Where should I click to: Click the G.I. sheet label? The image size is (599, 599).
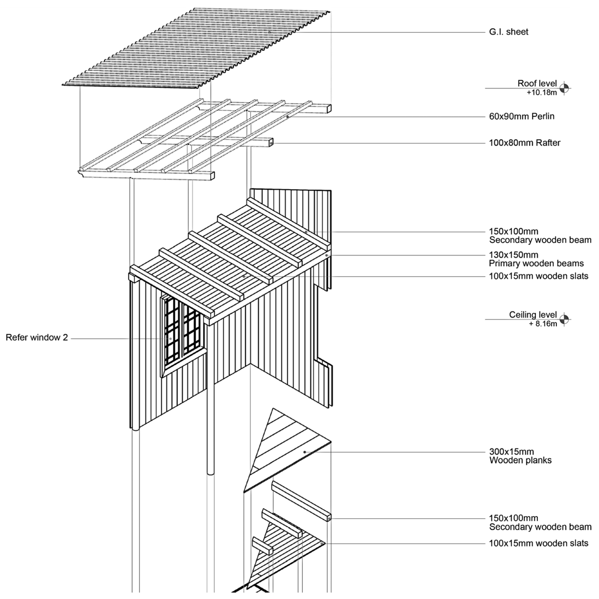[508, 32]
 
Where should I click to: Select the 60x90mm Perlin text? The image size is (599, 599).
[522, 117]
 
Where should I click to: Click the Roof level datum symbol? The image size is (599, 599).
[564, 88]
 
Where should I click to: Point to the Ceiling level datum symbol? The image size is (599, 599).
[564, 319]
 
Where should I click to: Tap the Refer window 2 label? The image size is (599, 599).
[37, 338]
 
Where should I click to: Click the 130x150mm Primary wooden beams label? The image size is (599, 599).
[536, 259]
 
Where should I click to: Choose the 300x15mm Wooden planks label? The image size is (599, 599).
[520, 456]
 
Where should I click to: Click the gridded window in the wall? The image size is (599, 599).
[183, 332]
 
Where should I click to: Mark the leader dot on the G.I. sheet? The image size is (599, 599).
[269, 32]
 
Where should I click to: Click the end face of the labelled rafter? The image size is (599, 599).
[271, 143]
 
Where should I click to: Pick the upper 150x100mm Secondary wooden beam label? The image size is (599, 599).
[539, 236]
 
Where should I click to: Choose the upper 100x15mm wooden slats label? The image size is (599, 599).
[538, 276]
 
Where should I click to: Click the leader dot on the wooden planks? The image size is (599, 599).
[305, 452]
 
